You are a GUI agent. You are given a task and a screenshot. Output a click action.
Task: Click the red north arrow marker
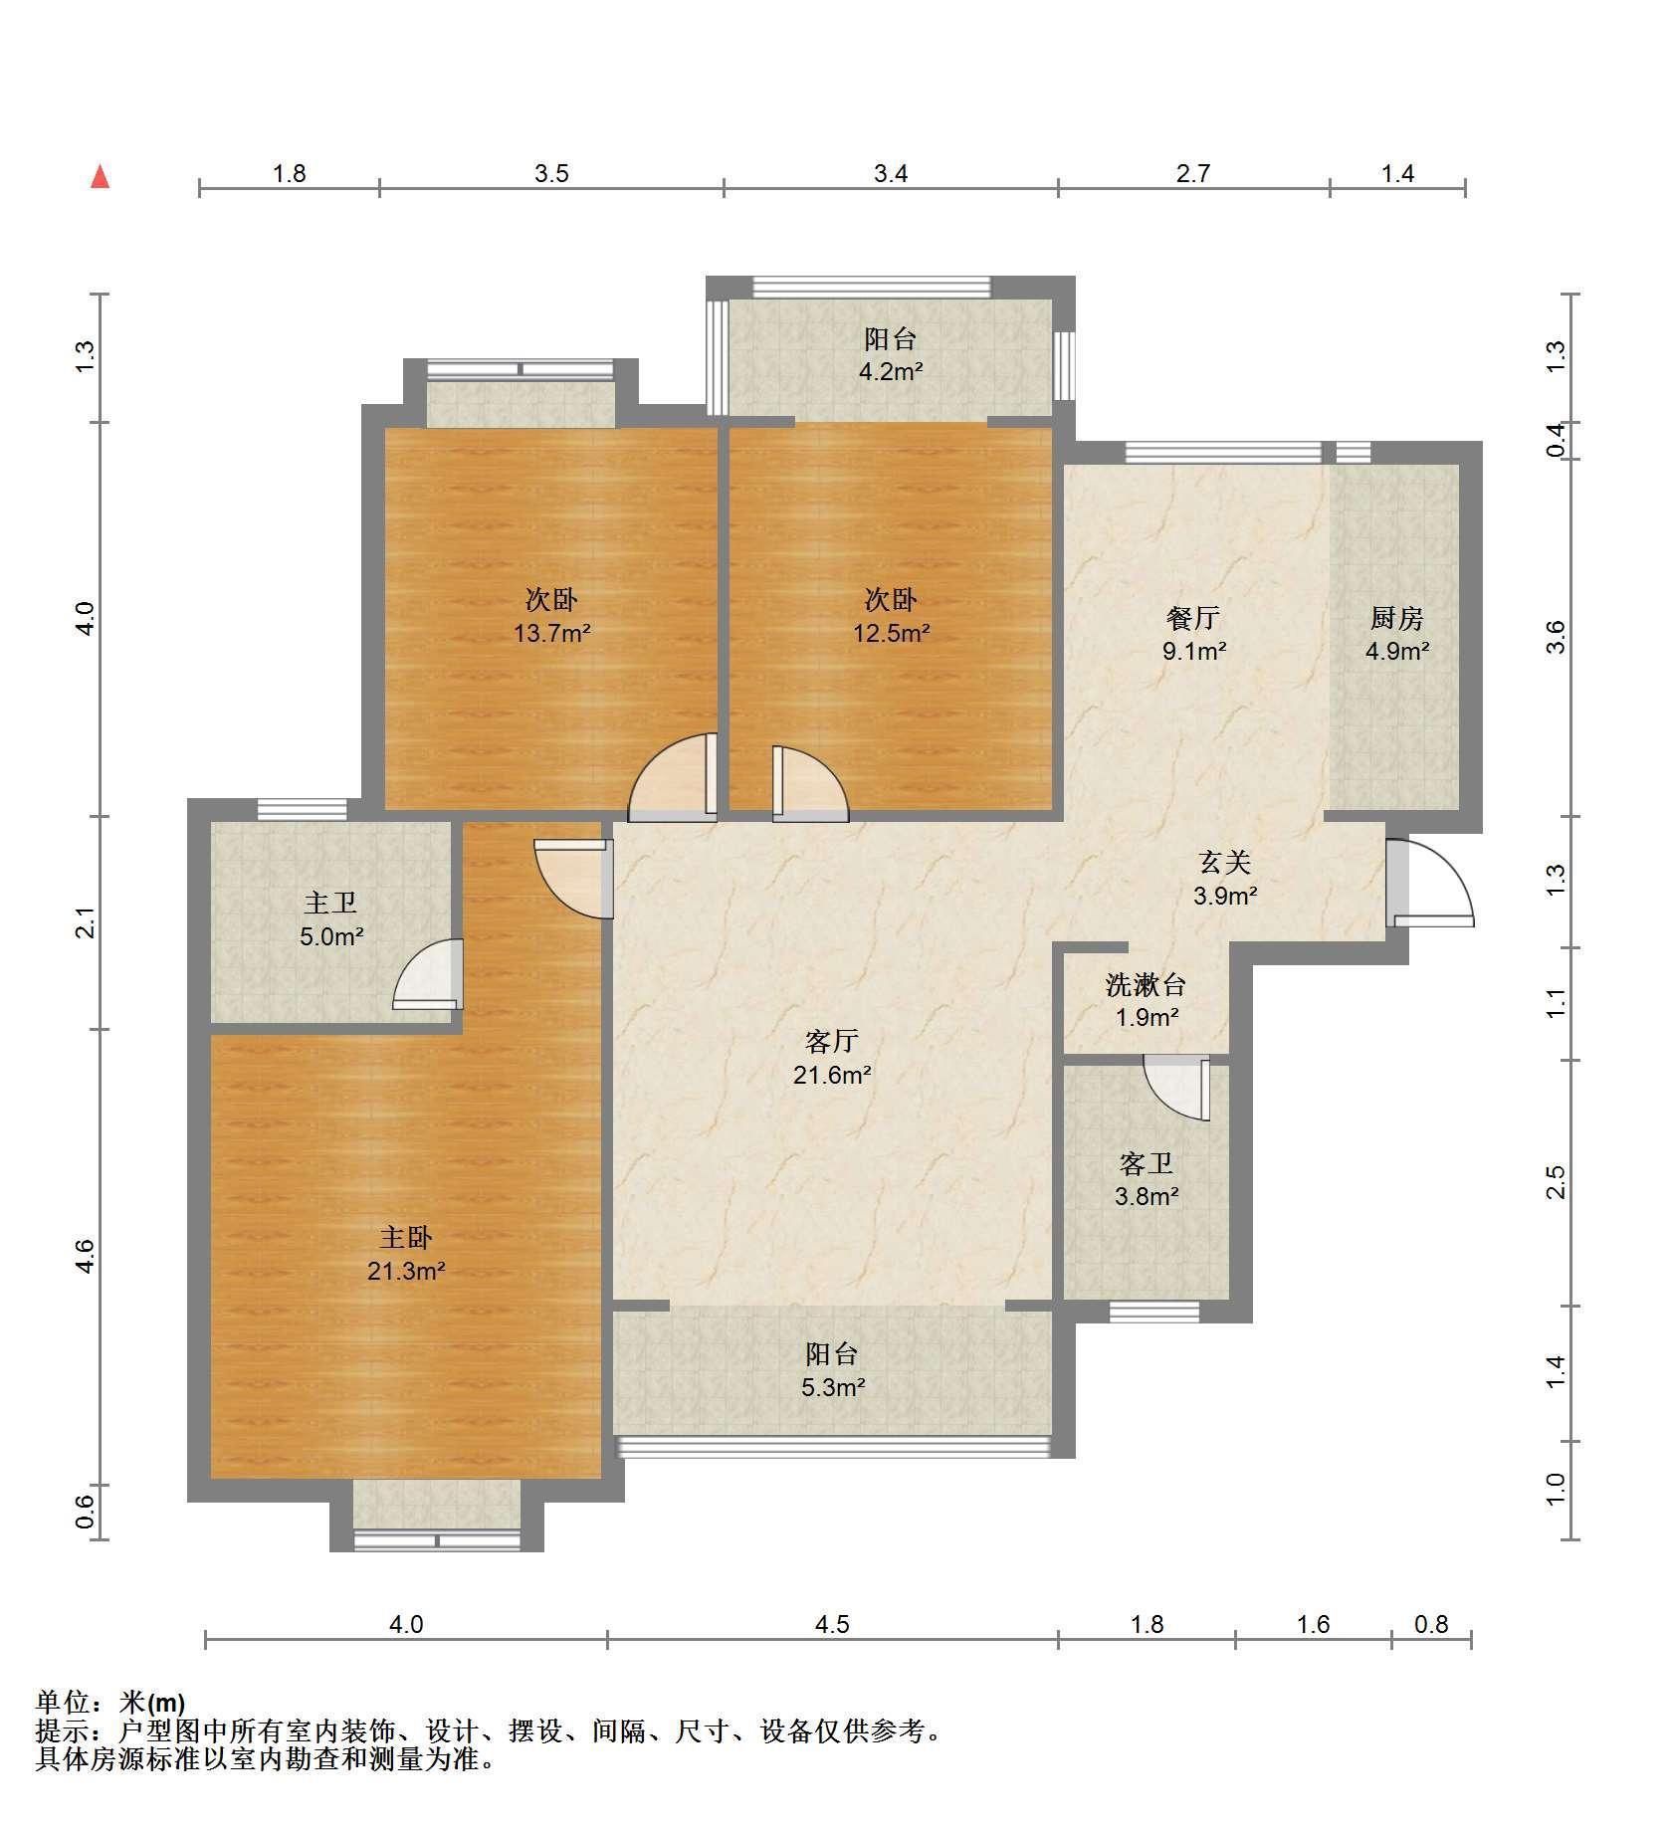[x=100, y=177]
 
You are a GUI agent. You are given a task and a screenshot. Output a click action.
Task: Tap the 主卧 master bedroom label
[x=406, y=1237]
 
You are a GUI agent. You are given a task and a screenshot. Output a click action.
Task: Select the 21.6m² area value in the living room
[x=832, y=1075]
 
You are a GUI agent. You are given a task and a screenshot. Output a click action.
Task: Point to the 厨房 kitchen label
[x=1396, y=618]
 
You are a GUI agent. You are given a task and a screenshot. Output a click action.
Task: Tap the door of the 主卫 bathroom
[x=429, y=974]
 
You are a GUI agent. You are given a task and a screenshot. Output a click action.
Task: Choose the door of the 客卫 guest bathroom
[x=1176, y=1088]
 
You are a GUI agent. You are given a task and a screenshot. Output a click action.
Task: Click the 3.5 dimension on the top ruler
[x=551, y=173]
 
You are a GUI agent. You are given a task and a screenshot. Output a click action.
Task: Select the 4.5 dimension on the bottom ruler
[x=832, y=1624]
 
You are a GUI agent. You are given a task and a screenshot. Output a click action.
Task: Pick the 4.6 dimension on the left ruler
[x=88, y=1256]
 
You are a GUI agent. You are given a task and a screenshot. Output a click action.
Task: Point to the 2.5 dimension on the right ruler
[x=1556, y=1182]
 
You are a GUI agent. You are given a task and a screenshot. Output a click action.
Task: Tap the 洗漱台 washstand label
[x=1146, y=985]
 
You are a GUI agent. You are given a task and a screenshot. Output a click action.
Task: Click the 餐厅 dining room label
[x=1192, y=618]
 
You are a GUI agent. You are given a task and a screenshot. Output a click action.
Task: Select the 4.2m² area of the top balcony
[x=890, y=372]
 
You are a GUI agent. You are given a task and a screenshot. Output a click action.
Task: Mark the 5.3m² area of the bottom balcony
[x=832, y=1386]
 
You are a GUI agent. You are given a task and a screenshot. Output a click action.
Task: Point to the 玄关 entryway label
[x=1224, y=862]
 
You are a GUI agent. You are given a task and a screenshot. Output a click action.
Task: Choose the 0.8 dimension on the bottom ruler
[x=1430, y=1624]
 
